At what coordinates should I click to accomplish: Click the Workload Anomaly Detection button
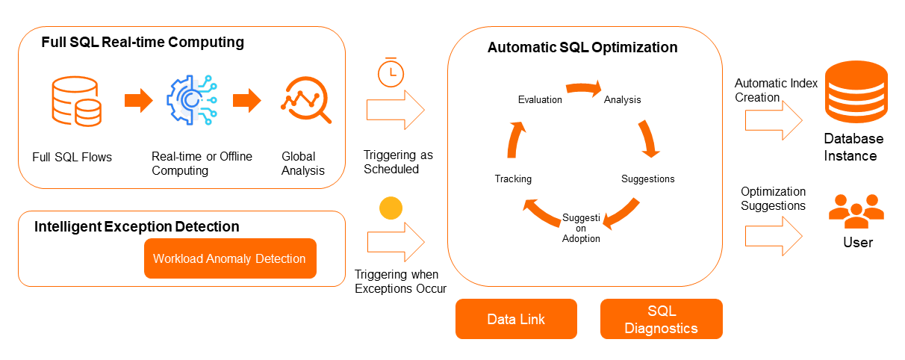(230, 258)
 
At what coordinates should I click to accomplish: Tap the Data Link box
(516, 319)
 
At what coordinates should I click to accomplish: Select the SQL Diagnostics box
(661, 319)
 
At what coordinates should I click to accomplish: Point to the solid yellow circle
(391, 208)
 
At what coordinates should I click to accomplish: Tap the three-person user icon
(856, 211)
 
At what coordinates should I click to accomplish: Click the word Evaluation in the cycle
(540, 100)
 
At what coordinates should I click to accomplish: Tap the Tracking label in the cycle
(513, 179)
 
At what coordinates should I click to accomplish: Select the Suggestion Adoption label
(581, 228)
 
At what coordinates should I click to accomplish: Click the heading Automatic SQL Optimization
(582, 48)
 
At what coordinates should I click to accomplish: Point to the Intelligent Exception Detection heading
(137, 226)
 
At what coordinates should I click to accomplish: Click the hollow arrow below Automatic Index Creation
(773, 117)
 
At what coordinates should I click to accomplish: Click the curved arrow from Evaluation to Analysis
(584, 89)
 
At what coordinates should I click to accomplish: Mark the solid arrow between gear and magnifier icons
(247, 99)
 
